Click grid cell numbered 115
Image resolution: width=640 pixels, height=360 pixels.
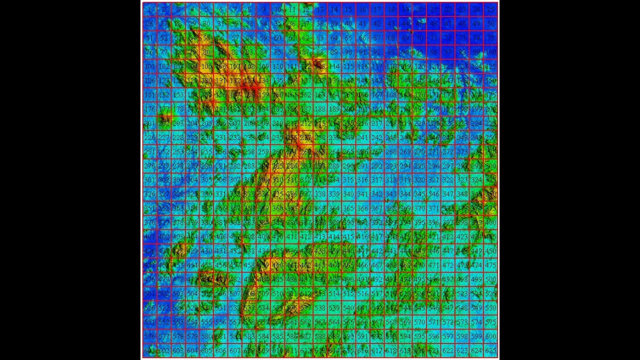click(x=348, y=66)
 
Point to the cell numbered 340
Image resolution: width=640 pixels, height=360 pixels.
click(x=348, y=194)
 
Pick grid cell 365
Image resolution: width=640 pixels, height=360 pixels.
click(x=348, y=208)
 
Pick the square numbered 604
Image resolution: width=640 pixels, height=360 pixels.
click(x=192, y=351)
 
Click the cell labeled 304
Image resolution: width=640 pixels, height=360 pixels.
click(x=192, y=180)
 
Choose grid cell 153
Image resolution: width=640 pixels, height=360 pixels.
click(x=178, y=94)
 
